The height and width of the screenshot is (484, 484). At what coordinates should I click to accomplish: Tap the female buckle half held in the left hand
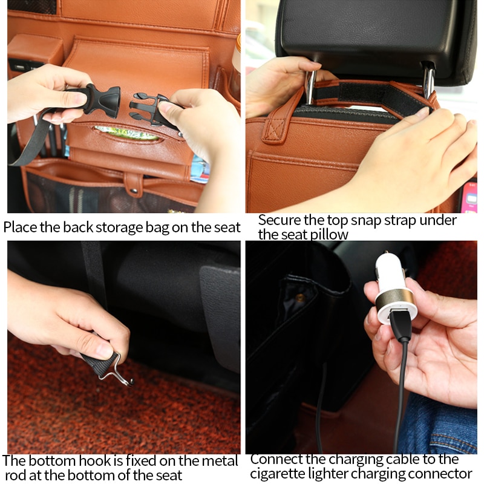click(x=96, y=99)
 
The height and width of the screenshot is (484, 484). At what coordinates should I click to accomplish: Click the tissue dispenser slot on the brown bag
click(x=126, y=133)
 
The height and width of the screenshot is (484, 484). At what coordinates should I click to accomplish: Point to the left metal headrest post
click(x=310, y=85)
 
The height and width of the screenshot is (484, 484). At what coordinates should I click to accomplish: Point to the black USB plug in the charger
click(x=401, y=324)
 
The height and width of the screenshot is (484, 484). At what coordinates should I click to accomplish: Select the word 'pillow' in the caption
click(x=327, y=234)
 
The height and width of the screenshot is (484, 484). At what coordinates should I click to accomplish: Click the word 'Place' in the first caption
click(x=20, y=227)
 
